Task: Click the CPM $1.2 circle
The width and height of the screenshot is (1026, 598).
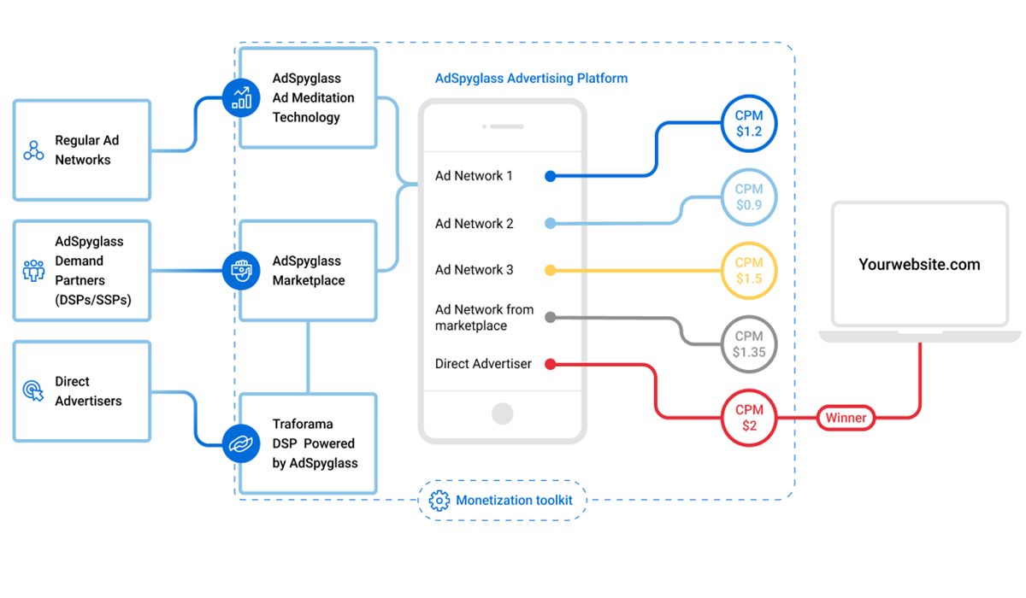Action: click(749, 124)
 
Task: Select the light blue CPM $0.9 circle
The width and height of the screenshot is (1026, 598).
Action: click(749, 197)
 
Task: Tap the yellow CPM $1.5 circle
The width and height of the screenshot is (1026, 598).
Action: click(749, 271)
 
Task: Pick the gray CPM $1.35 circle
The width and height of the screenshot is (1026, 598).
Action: click(749, 344)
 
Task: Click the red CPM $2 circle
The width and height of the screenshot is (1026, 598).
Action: click(749, 418)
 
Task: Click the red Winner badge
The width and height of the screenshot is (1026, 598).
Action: click(846, 418)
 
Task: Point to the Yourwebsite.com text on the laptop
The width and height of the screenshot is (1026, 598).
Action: click(919, 265)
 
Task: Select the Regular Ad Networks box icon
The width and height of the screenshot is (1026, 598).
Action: click(33, 151)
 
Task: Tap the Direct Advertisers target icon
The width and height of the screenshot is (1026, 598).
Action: click(33, 391)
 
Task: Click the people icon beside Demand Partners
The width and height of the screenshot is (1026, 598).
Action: click(33, 271)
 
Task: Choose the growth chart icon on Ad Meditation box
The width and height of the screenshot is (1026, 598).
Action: click(241, 97)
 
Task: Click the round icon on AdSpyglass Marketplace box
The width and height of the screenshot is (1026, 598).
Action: click(241, 271)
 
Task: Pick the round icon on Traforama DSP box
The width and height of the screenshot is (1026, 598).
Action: click(241, 443)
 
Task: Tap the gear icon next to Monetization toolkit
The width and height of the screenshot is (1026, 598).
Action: click(439, 501)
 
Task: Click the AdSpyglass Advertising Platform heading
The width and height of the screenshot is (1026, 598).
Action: click(531, 79)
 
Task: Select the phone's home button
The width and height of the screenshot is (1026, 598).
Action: click(503, 414)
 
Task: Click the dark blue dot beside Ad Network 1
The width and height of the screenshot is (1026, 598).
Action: click(551, 177)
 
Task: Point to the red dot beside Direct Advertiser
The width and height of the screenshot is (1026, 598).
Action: click(551, 365)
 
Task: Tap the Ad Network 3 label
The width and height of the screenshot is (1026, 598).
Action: click(474, 270)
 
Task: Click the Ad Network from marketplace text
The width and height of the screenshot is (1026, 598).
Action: click(484, 318)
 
